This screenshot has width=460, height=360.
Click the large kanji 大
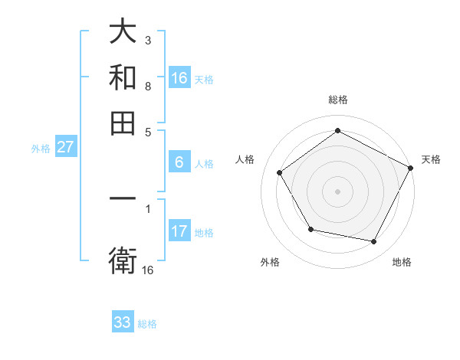123,32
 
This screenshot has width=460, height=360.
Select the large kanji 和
123,77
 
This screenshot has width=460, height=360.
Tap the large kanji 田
123,123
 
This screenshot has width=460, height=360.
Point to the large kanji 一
123,199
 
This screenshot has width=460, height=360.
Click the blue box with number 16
179,78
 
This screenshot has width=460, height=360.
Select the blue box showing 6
179,162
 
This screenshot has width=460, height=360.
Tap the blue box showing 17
179,231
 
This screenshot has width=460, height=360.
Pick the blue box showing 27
65,147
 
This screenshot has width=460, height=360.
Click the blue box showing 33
123,322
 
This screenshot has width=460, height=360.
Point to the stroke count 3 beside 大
147,39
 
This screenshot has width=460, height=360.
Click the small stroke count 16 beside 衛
147,270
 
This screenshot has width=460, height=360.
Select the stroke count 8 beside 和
147,86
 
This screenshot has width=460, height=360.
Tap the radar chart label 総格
337,100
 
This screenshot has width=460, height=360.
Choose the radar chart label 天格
431,159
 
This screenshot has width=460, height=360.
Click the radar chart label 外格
270,262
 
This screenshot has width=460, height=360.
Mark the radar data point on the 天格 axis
411,168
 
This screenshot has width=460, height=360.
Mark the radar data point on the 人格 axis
280,173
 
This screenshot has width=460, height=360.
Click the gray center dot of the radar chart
337,191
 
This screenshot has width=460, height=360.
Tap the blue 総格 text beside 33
147,324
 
